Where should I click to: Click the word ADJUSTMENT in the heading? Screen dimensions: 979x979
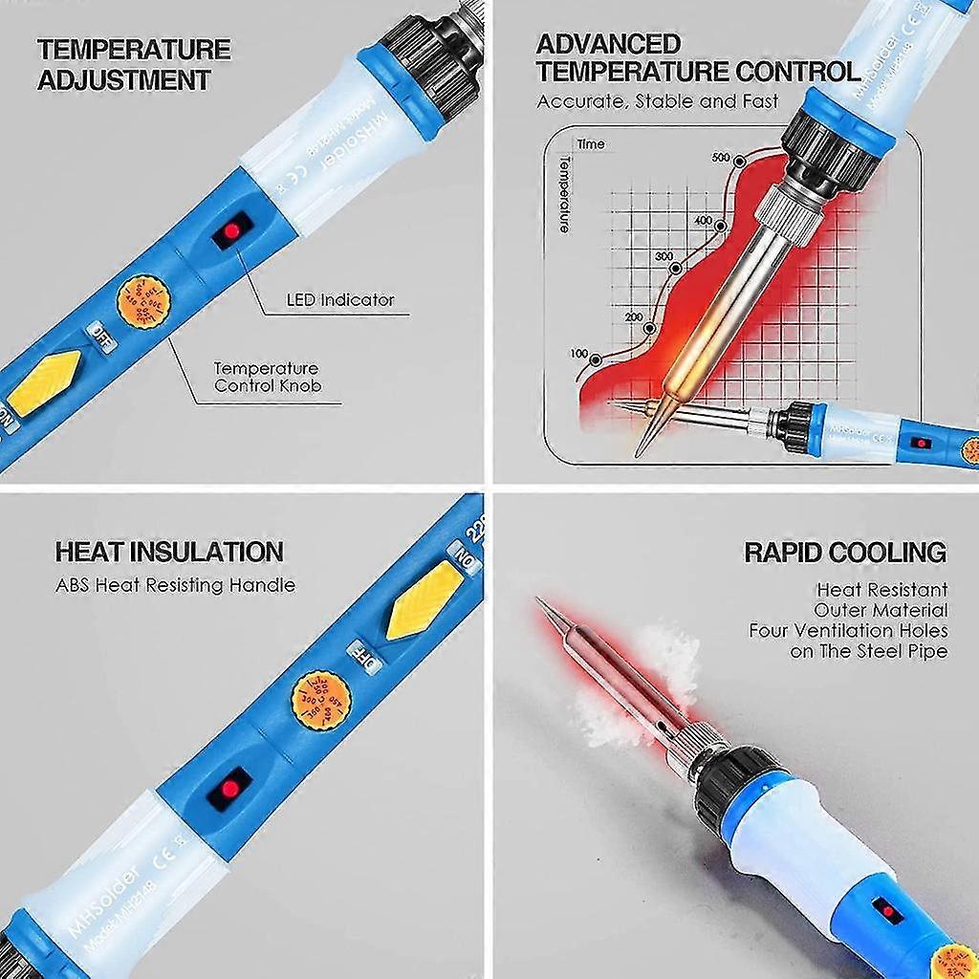tap(123, 80)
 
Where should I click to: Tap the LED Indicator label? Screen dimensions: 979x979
tap(340, 300)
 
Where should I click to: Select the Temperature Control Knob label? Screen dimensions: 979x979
tap(267, 377)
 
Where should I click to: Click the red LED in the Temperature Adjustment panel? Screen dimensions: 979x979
tap(232, 231)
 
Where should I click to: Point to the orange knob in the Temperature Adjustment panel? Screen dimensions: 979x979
tap(143, 302)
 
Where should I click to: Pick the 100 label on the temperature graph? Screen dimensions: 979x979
tap(579, 354)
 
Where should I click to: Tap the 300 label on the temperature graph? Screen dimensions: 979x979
tap(664, 256)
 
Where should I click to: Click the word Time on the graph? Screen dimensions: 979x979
tap(591, 144)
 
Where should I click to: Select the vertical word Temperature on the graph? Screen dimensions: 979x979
tap(563, 195)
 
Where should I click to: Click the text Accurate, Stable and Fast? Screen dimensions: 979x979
tap(658, 101)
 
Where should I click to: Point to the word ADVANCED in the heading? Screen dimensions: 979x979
tap(608, 44)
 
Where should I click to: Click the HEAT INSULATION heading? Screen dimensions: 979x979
tap(169, 552)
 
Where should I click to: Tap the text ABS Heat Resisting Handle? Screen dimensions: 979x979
tap(175, 585)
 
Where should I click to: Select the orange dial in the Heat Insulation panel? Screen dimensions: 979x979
tap(319, 700)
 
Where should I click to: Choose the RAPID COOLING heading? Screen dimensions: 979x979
tap(845, 553)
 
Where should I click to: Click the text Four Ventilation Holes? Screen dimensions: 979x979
tap(848, 630)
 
